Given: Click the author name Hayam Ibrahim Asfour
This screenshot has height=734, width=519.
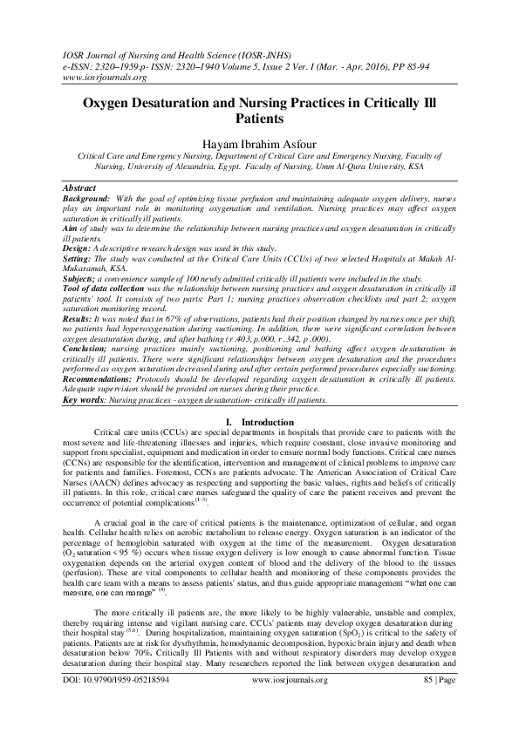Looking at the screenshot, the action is [x=259, y=144].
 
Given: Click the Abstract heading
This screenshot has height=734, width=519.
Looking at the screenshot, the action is [x=82, y=187].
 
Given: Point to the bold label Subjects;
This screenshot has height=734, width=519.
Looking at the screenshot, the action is [x=82, y=279].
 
